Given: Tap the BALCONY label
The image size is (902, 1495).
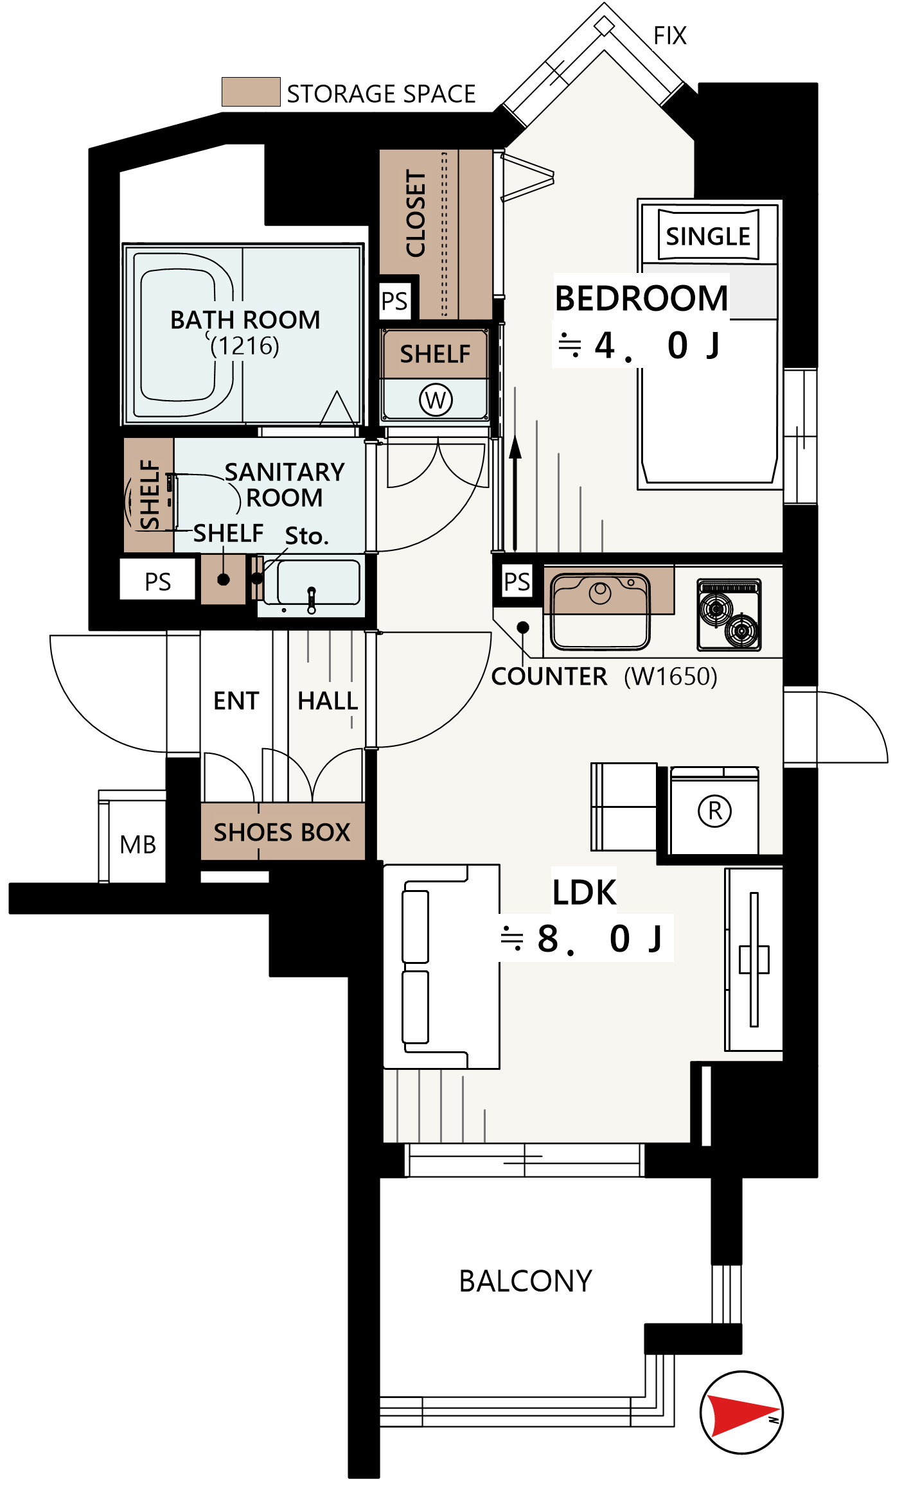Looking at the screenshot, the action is (x=526, y=1281).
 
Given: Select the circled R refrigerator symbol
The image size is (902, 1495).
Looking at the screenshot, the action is (x=714, y=810).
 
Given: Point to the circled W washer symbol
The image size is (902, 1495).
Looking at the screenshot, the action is (x=436, y=399).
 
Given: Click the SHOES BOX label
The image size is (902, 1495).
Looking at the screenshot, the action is (x=282, y=832).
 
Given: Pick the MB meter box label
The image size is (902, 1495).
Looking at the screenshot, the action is (x=138, y=844).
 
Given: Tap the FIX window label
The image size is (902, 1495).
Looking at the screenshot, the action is (x=670, y=36).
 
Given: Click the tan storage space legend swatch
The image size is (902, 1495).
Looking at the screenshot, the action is (x=251, y=91).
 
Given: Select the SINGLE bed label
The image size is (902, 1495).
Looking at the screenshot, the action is (x=708, y=236).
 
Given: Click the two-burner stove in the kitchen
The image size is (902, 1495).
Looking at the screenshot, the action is (x=729, y=615).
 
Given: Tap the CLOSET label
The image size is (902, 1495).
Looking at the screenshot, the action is (x=416, y=214).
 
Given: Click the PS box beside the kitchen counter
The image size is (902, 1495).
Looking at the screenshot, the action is (x=517, y=582).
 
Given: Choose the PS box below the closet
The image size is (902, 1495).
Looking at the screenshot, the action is (x=394, y=301).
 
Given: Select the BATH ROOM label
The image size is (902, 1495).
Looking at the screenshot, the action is (x=245, y=319).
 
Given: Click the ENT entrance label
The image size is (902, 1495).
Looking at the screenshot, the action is (x=236, y=701).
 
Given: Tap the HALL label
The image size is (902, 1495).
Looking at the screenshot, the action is (x=328, y=701).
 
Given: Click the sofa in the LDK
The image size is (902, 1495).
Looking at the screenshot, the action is (x=441, y=966).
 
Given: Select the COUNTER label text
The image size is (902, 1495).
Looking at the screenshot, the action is (x=549, y=676).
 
